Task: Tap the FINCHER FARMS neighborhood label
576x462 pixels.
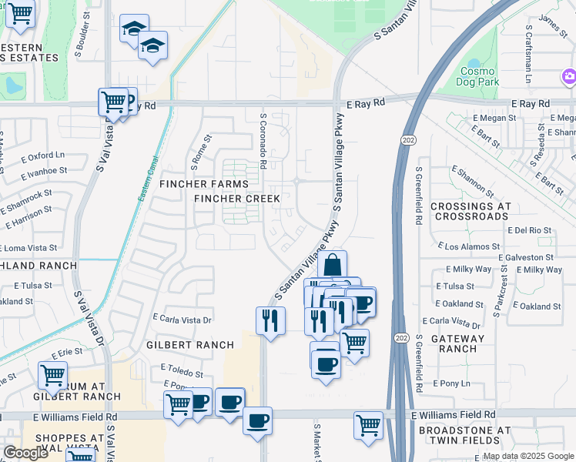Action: pyautogui.click(x=204, y=184)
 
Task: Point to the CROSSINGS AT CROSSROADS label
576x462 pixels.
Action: pyautogui.click(x=471, y=212)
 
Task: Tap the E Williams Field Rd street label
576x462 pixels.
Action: pyautogui.click(x=454, y=414)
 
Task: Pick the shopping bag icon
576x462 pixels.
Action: pyautogui.click(x=332, y=264)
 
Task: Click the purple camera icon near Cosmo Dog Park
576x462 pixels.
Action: pyautogui.click(x=568, y=75)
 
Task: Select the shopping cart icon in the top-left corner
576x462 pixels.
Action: pyautogui.click(x=20, y=13)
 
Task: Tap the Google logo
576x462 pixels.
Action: pyautogui.click(x=25, y=453)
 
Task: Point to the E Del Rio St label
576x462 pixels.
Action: pyautogui.click(x=531, y=230)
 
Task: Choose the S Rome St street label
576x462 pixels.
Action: pyautogui.click(x=201, y=152)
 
